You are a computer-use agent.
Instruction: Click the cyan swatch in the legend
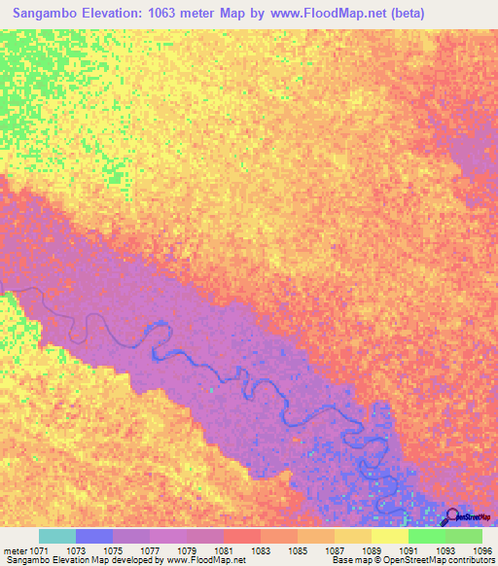[56, 536]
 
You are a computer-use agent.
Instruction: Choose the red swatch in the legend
[241, 536]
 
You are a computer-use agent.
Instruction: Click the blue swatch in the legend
[93, 536]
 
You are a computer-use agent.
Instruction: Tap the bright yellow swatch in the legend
[389, 536]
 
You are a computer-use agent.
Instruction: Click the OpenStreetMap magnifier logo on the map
[451, 517]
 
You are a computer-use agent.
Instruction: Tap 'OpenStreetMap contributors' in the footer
[443, 560]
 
